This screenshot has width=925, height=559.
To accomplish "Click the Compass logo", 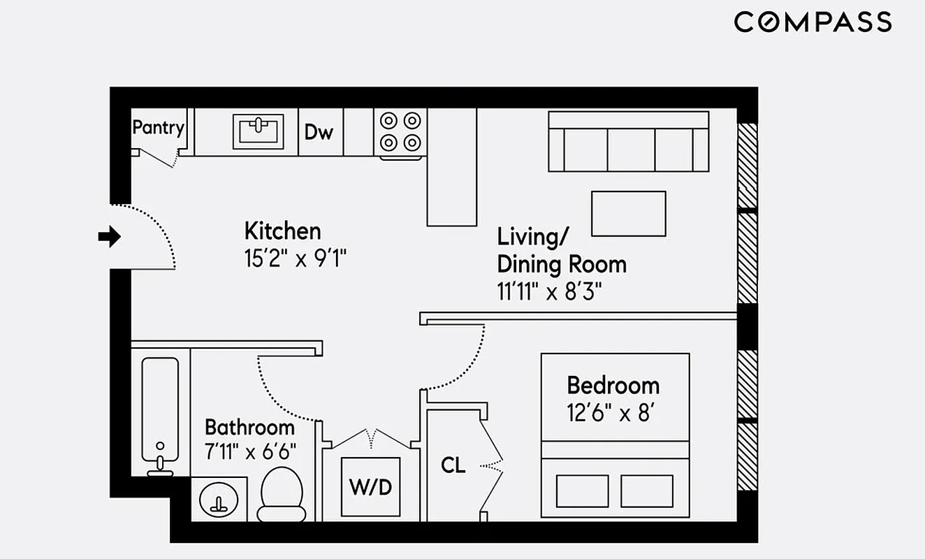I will coord(813,22).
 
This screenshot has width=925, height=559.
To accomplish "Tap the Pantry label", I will coord(158,128).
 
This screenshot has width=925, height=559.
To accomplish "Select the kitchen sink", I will coord(258,131).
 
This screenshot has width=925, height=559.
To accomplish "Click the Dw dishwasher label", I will coord(319,132).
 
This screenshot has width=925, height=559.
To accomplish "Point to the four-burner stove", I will coord(400,132).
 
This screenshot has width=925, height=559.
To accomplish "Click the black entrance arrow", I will coord(109,237).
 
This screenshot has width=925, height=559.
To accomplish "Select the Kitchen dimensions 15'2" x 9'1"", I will coord(295,259).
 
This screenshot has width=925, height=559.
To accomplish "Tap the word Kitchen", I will coord(282,231).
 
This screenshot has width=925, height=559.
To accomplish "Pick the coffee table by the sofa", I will coord(628,214).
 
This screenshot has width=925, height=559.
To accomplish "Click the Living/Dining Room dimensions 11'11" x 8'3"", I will coord(549,291).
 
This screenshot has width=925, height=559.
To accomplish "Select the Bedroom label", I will coord(613,385).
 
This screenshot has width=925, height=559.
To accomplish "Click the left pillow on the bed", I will coord(581,491).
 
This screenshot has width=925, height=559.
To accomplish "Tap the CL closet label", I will coord(453,465).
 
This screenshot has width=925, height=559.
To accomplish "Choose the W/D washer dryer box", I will coord(370,487).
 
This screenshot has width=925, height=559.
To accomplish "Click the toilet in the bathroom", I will coord(282,494).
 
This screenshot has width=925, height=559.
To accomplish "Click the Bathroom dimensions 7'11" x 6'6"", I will coord(250,451).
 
